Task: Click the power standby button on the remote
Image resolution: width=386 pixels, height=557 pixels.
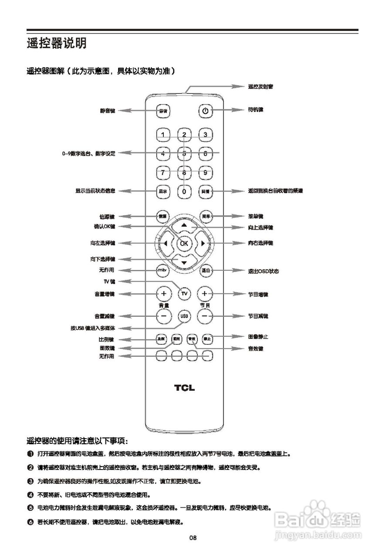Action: pos(205,111)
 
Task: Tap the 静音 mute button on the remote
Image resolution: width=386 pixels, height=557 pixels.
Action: pos(163,111)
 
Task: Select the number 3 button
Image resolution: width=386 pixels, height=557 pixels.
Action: pos(205,134)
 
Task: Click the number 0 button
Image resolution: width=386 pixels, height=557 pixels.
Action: pos(184,191)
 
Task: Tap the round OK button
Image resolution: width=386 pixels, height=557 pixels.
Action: pos(184,243)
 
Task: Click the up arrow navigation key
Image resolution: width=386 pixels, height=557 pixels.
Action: pos(184,225)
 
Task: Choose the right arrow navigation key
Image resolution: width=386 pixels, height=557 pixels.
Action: pos(203,243)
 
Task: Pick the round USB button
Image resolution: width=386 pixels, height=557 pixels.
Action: pos(184,316)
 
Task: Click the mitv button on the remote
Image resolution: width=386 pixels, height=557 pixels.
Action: pos(163,270)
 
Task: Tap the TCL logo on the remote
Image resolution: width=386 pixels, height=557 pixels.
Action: pos(185,388)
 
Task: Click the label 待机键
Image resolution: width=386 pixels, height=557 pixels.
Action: pos(255,110)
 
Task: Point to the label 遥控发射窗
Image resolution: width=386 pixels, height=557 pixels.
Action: pos(261,87)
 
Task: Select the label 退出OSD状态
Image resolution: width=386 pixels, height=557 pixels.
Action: pos(263,271)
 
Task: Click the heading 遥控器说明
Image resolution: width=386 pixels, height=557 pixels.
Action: pos(57,44)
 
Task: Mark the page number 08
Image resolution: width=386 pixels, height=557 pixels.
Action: pos(193,538)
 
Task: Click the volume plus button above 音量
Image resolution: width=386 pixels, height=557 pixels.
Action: pos(163,293)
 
